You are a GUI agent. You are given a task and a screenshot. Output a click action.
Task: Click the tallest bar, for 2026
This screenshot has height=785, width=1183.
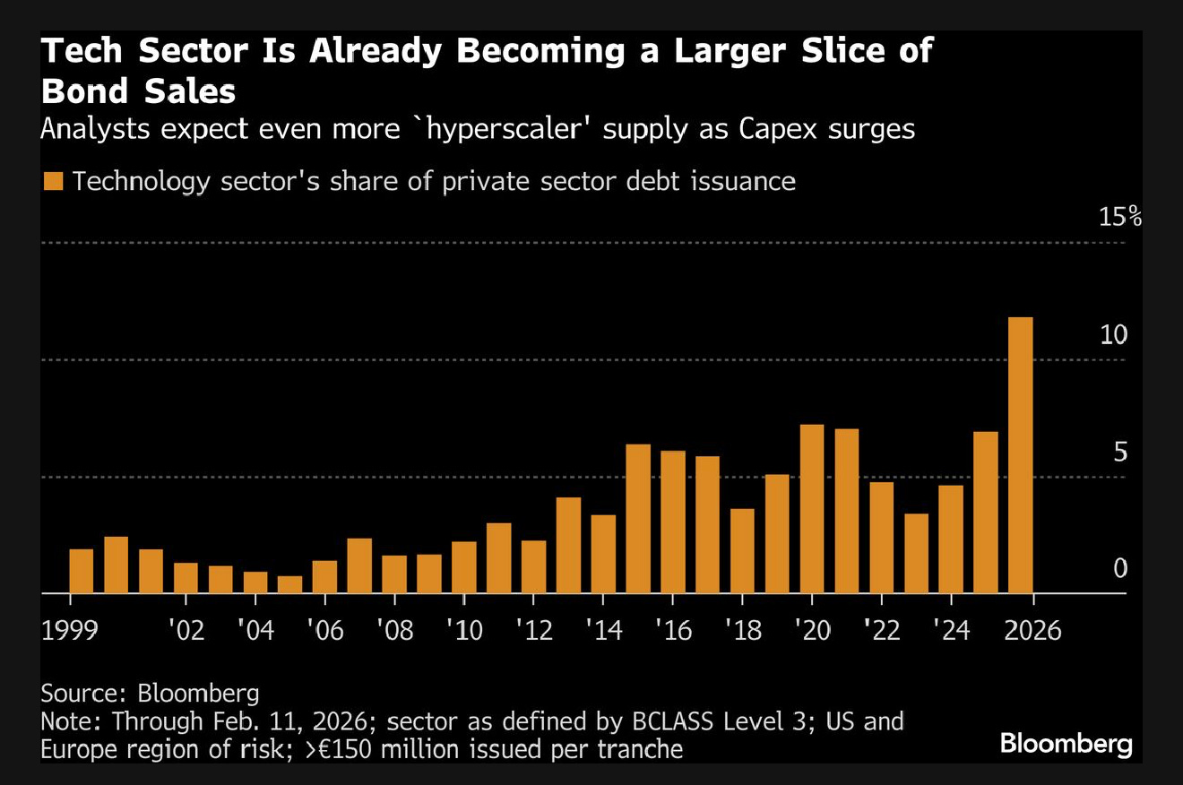click(x=1020, y=455)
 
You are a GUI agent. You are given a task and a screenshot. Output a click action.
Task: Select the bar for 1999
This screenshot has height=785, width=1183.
click(x=82, y=571)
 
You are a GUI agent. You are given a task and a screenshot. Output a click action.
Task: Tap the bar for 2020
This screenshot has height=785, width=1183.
click(x=812, y=509)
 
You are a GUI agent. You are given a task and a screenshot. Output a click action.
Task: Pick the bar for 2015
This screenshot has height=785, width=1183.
click(x=638, y=519)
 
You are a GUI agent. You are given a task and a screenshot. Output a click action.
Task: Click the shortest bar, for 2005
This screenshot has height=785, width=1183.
click(x=290, y=584)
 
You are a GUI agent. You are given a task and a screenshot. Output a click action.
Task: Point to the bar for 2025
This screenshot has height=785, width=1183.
click(x=986, y=513)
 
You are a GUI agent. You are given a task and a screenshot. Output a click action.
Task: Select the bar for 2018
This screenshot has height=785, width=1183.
click(x=742, y=551)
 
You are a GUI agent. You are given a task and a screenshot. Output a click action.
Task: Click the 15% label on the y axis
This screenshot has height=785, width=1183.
click(x=1119, y=217)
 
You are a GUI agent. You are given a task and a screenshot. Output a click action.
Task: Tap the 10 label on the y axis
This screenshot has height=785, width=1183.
click(x=1113, y=334)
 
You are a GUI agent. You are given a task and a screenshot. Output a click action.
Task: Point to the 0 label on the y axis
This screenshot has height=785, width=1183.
click(x=1120, y=568)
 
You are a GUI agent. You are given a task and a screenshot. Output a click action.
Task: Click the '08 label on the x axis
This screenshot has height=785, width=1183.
click(x=394, y=630)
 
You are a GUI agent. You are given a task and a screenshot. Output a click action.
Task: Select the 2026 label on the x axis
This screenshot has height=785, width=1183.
click(x=1032, y=630)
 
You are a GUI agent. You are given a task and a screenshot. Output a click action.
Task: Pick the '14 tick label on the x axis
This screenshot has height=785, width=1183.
click(x=603, y=630)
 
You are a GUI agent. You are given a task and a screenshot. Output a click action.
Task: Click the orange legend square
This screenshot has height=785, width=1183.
click(x=54, y=181)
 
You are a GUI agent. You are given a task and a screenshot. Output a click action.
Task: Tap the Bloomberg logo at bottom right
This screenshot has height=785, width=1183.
click(x=1066, y=744)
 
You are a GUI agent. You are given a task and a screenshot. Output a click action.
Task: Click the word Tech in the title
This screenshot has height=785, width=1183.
click(x=82, y=51)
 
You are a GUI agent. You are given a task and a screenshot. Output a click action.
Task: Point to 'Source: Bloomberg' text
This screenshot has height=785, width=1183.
click(x=150, y=693)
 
